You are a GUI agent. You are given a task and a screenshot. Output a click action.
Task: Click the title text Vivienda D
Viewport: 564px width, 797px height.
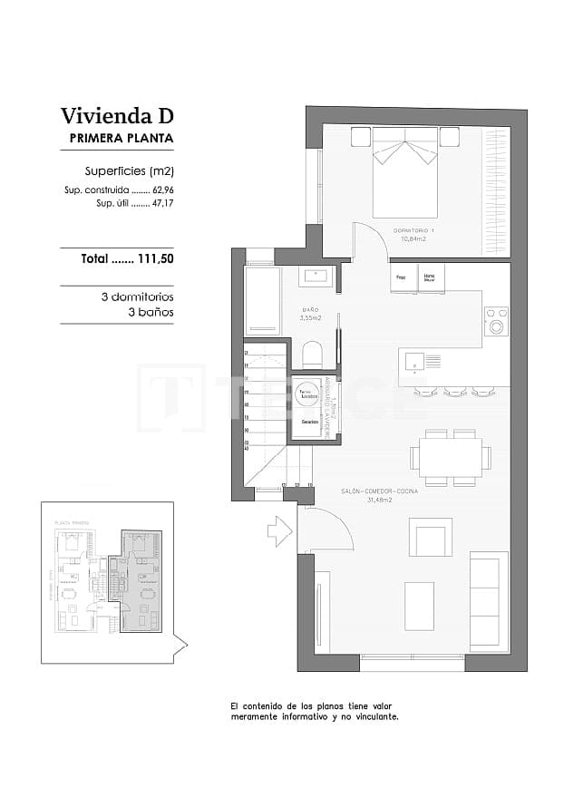tap(116, 116)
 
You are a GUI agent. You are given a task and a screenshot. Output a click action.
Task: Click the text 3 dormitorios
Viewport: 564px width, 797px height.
tap(137, 296)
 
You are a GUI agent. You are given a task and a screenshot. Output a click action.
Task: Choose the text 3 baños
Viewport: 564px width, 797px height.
tap(151, 312)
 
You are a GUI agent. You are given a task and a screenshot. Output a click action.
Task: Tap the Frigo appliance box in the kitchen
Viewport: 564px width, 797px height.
tap(402, 277)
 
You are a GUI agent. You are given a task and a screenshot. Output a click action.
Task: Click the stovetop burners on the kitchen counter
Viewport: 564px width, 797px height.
tap(496, 321)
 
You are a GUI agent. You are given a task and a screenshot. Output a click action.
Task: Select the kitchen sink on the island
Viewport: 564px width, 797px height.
tap(413, 361)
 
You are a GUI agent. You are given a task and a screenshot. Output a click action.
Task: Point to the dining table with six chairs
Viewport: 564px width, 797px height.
tap(450, 457)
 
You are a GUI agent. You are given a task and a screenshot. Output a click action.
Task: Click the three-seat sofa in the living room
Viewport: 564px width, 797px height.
tap(487, 600)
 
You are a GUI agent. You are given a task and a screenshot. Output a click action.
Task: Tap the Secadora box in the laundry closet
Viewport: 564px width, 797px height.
tap(308, 423)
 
